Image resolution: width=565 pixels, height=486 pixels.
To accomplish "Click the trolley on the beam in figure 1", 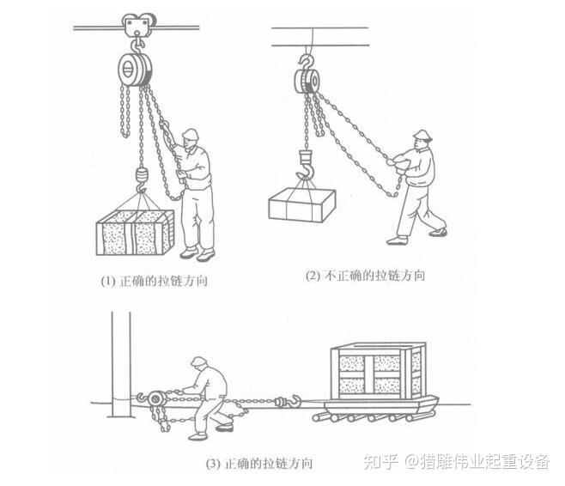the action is pos(138,25).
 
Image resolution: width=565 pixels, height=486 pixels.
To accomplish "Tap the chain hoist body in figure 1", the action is pos(135,70).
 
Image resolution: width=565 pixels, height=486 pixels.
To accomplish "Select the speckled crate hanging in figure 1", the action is pos(135,233).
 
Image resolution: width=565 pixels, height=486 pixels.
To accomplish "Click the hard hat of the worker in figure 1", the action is pos(191,134).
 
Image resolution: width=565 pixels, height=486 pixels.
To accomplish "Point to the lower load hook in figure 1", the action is pos(141,179).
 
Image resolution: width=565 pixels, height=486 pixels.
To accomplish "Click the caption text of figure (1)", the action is pos(154,281).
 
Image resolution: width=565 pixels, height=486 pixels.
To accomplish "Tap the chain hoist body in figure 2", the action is pos(307,81).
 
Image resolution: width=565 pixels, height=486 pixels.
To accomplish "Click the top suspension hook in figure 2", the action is pos(307,62).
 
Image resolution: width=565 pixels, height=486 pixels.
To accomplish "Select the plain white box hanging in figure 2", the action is pos(302,205).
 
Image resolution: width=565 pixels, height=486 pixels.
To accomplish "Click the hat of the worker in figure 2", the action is pos(422,136).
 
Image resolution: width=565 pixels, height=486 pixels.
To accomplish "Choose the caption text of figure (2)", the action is pos(365,276).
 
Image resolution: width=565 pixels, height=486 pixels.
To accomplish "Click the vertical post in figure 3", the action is pos(121,364).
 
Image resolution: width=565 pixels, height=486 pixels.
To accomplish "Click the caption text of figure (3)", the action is pos(259,463).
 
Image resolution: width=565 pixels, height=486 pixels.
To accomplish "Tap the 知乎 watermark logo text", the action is pos(381,461).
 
